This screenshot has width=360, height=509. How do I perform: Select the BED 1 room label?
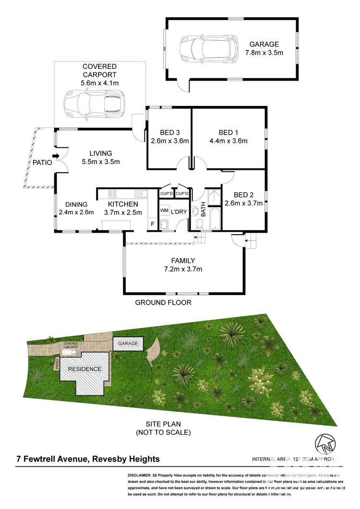228,132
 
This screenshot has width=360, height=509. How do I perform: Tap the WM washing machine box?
164,211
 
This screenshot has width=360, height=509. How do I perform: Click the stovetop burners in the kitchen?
113,194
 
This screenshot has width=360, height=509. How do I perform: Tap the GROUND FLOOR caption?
163,303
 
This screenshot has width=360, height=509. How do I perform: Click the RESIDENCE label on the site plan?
84,369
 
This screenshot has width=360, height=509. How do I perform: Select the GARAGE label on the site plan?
128,343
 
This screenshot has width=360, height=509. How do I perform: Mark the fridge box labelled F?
153,224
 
